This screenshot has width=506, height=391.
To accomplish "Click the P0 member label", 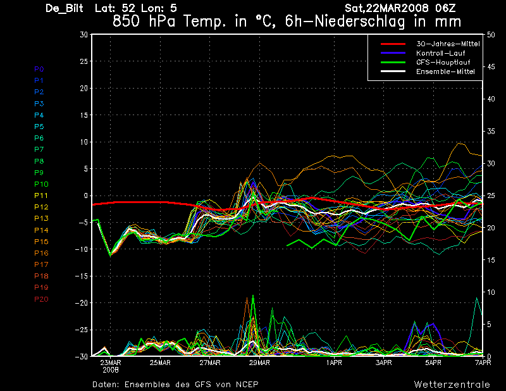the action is (39, 69).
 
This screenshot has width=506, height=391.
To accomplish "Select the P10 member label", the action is (41, 184).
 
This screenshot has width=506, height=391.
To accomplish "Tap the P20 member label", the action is (41, 299).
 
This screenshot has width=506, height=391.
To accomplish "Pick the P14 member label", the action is (41, 230).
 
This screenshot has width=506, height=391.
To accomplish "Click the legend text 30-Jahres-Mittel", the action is (448, 44).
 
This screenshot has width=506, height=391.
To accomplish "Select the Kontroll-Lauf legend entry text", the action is (440, 53).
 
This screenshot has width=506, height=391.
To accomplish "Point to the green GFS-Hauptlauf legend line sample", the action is (393, 62).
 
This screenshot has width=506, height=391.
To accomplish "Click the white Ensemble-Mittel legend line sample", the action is (393, 71).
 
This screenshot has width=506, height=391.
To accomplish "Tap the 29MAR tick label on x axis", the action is (259, 363).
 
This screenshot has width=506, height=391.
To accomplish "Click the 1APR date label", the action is (334, 363).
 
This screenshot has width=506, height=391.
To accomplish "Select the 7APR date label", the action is (483, 363).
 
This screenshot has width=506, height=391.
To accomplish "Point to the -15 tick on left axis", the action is (82, 276).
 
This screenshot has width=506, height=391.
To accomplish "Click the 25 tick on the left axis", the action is (84, 61).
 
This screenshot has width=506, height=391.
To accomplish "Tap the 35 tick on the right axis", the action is (491, 131).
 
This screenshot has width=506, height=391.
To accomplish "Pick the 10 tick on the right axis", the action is (491, 292).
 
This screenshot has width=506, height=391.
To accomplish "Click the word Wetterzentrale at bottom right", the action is (452, 385).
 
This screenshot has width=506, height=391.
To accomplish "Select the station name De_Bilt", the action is (65, 8).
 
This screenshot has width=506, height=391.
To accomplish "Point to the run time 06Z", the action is (445, 8).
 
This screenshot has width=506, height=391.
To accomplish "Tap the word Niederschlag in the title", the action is (359, 22).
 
